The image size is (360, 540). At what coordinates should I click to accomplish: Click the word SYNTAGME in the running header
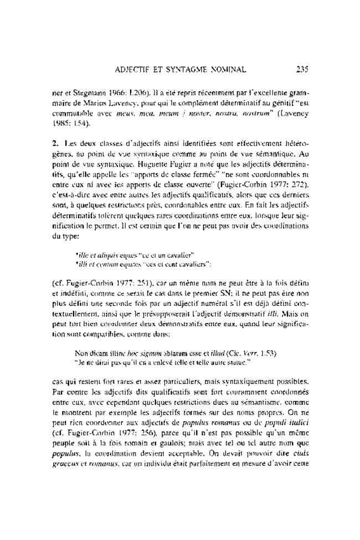pos(196,70)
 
